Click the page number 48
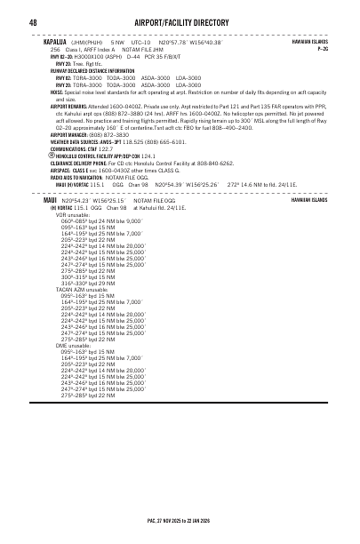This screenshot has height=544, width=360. pos(32,21)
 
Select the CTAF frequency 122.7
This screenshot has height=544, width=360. pos(107,148)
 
